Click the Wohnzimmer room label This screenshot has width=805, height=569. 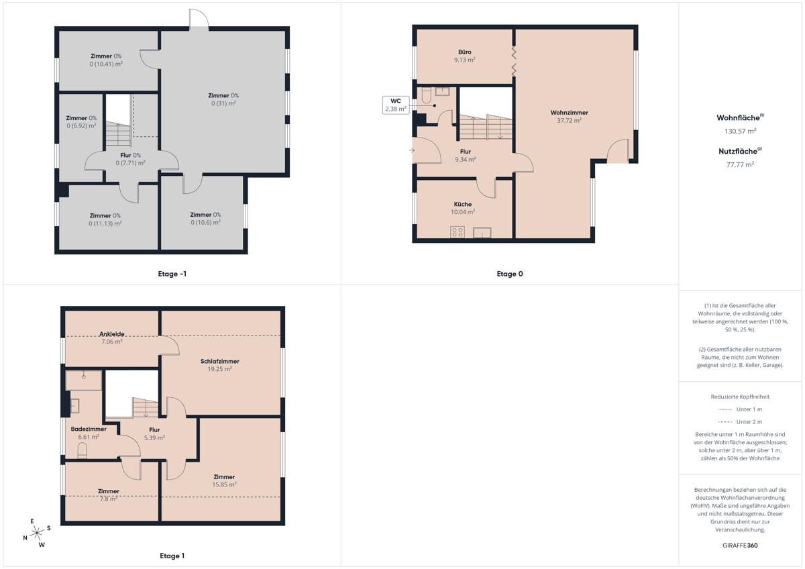[569, 113]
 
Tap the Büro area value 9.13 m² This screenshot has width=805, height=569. [464, 60]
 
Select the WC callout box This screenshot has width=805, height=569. [396, 105]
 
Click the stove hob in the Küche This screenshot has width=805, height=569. [457, 232]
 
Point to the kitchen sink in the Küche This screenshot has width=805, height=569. [482, 233]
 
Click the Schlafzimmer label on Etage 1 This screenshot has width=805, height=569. [219, 361]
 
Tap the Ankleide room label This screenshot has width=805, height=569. [112, 334]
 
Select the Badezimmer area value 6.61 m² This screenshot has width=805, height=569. [89, 437]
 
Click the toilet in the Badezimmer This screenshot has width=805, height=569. [83, 451]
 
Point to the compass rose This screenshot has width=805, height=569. [37, 533]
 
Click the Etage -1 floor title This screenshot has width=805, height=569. [172, 274]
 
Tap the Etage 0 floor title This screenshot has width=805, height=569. [510, 274]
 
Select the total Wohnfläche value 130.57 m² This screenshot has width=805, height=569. [740, 132]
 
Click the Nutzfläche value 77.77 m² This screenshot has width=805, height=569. [740, 164]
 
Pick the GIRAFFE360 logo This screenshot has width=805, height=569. [740, 546]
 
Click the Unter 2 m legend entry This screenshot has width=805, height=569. [740, 421]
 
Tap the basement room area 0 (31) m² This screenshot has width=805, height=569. [223, 103]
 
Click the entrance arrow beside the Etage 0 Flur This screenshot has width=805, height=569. [412, 150]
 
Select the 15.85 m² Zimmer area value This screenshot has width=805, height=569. [224, 484]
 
